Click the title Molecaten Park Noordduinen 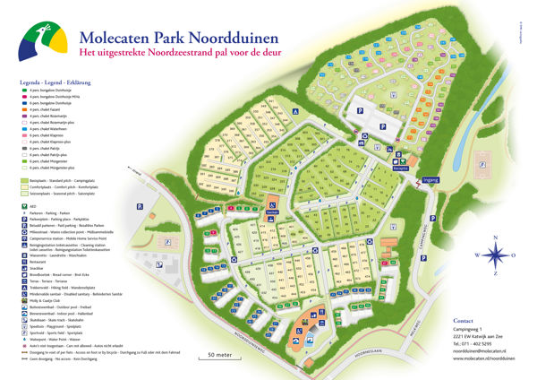[x=178, y=38]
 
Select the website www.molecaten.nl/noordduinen [x=483, y=359]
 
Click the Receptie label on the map [x=400, y=168]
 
